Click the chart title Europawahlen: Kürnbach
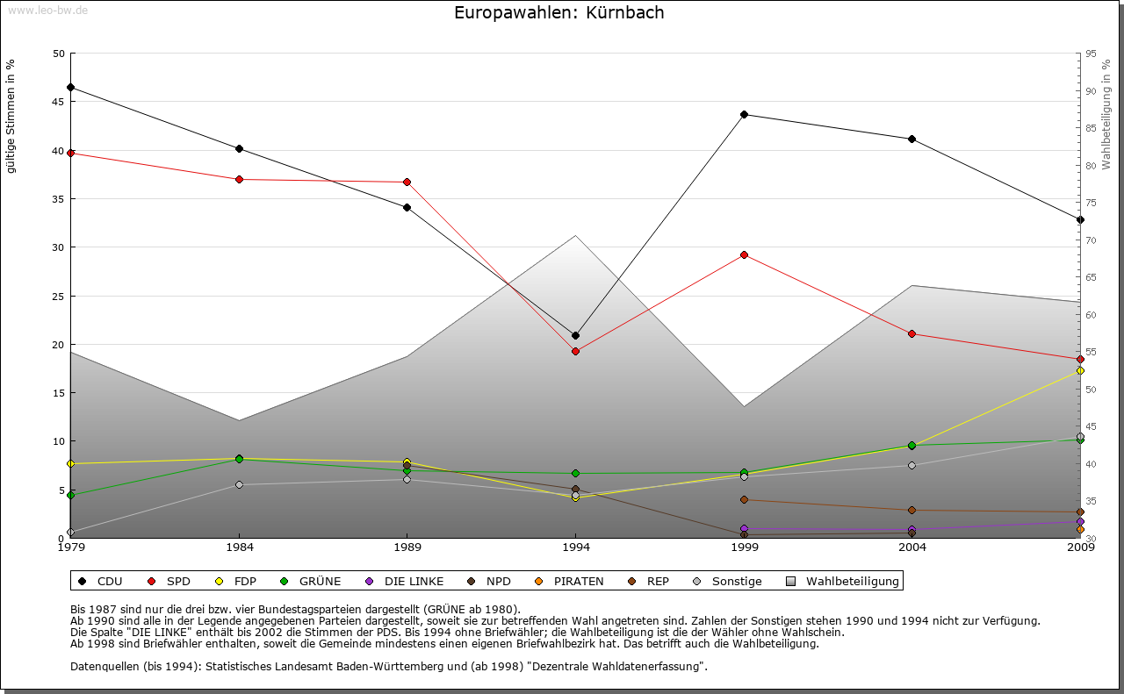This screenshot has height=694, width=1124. (559, 12)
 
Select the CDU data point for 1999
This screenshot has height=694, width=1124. (744, 114)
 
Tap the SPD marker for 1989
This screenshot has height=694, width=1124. (407, 182)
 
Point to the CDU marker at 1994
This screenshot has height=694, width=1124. (575, 335)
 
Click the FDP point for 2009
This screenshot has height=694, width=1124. (1080, 371)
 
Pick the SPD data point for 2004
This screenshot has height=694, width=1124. (912, 333)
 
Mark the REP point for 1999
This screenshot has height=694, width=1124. (744, 499)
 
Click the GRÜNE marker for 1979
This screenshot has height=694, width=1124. (70, 495)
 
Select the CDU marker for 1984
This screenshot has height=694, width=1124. (239, 148)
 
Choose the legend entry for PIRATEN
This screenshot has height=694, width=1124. (571, 581)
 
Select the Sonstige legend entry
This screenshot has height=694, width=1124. (729, 581)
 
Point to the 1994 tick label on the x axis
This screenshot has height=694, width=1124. (575, 548)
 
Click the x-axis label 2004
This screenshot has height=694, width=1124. (912, 548)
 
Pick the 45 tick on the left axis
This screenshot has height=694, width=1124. (59, 102)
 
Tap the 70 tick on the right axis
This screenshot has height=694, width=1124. (1090, 240)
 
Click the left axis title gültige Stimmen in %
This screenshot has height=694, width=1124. (11, 116)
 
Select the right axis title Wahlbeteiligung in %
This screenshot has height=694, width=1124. (1106, 114)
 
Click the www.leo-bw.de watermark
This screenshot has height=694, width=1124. (47, 11)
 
